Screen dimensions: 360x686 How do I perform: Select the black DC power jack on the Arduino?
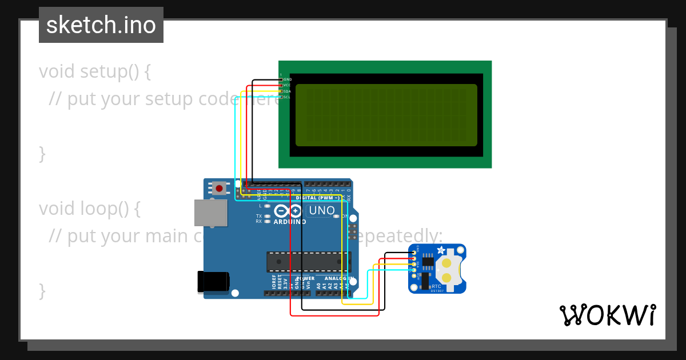pyautogui.click(x=213, y=282)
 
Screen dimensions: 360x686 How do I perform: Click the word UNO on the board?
pyautogui.click(x=322, y=210)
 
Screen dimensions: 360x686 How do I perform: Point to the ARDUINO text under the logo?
pyautogui.click(x=289, y=222)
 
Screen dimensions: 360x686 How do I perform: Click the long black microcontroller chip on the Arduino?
pyautogui.click(x=309, y=261)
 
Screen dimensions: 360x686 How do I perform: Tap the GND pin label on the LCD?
pyautogui.click(x=288, y=79)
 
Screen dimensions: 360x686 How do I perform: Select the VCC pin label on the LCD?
pyautogui.click(x=287, y=85)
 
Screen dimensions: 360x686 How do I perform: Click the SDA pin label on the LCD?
pyautogui.click(x=288, y=91)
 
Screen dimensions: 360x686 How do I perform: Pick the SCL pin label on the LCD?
pyautogui.click(x=287, y=97)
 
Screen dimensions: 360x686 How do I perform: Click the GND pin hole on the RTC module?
pyautogui.click(x=414, y=253)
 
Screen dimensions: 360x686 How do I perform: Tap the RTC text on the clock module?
pyautogui.click(x=436, y=286)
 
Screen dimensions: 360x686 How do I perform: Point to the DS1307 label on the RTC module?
pyautogui.click(x=436, y=291)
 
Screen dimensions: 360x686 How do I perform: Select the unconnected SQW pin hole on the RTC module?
pyautogui.click(x=414, y=275)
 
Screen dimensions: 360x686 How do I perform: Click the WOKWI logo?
pyautogui.click(x=607, y=315)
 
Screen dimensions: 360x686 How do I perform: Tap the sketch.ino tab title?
pyautogui.click(x=101, y=25)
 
